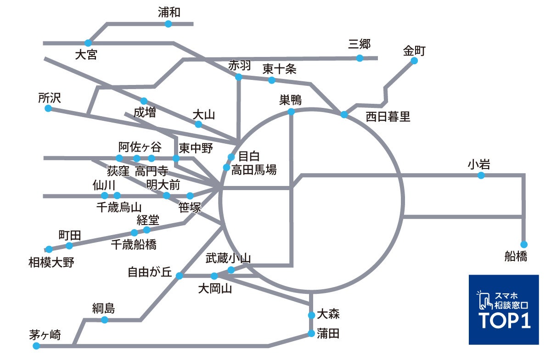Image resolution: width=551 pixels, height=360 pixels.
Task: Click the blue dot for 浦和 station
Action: tap(168, 24)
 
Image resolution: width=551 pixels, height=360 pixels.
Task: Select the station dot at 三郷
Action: tap(360, 58)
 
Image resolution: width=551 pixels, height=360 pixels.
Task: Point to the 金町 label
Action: tap(415, 50)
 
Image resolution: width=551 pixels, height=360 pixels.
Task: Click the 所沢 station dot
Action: tap(48, 108)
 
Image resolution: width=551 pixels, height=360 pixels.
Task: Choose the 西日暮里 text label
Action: tap(388, 117)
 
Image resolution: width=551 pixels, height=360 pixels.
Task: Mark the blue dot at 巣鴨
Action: tap(291, 112)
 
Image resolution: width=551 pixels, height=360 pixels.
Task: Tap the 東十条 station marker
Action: tap(271, 80)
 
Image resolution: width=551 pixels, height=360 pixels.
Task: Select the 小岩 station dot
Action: tap(481, 175)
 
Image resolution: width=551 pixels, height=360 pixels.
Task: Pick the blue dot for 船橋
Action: tap(524, 244)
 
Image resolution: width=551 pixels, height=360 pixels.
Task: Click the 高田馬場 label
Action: tap(254, 170)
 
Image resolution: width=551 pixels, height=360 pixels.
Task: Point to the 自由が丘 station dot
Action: tap(180, 276)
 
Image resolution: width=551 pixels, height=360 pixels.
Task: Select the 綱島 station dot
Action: tap(105, 320)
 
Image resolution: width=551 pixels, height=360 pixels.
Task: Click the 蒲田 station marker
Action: tap(311, 333)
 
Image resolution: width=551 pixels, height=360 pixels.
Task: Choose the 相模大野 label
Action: tap(51, 263)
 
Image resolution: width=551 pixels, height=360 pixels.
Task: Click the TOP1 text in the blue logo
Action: tap(505, 321)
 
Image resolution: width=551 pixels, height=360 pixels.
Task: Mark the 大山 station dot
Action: tap(198, 124)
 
